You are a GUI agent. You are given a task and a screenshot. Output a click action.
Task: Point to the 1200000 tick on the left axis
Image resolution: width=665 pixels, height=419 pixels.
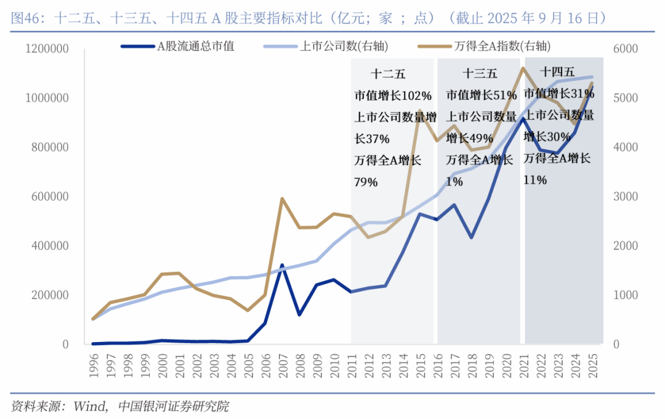tap(48, 49)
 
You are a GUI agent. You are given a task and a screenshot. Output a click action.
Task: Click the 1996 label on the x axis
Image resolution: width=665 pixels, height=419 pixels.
tap(94, 364)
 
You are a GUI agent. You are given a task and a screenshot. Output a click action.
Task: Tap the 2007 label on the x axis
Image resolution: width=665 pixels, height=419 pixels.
tap(282, 364)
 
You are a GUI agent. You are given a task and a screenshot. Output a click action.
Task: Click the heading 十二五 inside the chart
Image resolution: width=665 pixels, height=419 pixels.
tap(389, 75)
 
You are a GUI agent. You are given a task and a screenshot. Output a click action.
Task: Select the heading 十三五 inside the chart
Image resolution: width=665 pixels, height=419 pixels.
tap(480, 75)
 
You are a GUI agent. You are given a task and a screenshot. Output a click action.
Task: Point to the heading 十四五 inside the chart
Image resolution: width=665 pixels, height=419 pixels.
tap(557, 71)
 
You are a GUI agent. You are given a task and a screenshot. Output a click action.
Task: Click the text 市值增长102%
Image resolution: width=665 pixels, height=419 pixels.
tap(393, 96)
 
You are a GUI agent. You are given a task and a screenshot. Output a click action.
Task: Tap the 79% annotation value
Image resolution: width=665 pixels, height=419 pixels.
tap(366, 182)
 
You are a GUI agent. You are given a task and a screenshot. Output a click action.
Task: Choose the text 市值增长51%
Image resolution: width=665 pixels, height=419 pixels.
tap(482, 96)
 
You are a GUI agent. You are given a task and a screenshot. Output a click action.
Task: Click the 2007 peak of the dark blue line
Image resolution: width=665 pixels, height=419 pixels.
tap(282, 266)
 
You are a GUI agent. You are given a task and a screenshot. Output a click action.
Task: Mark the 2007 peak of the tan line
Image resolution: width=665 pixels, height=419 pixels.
tap(282, 199)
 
